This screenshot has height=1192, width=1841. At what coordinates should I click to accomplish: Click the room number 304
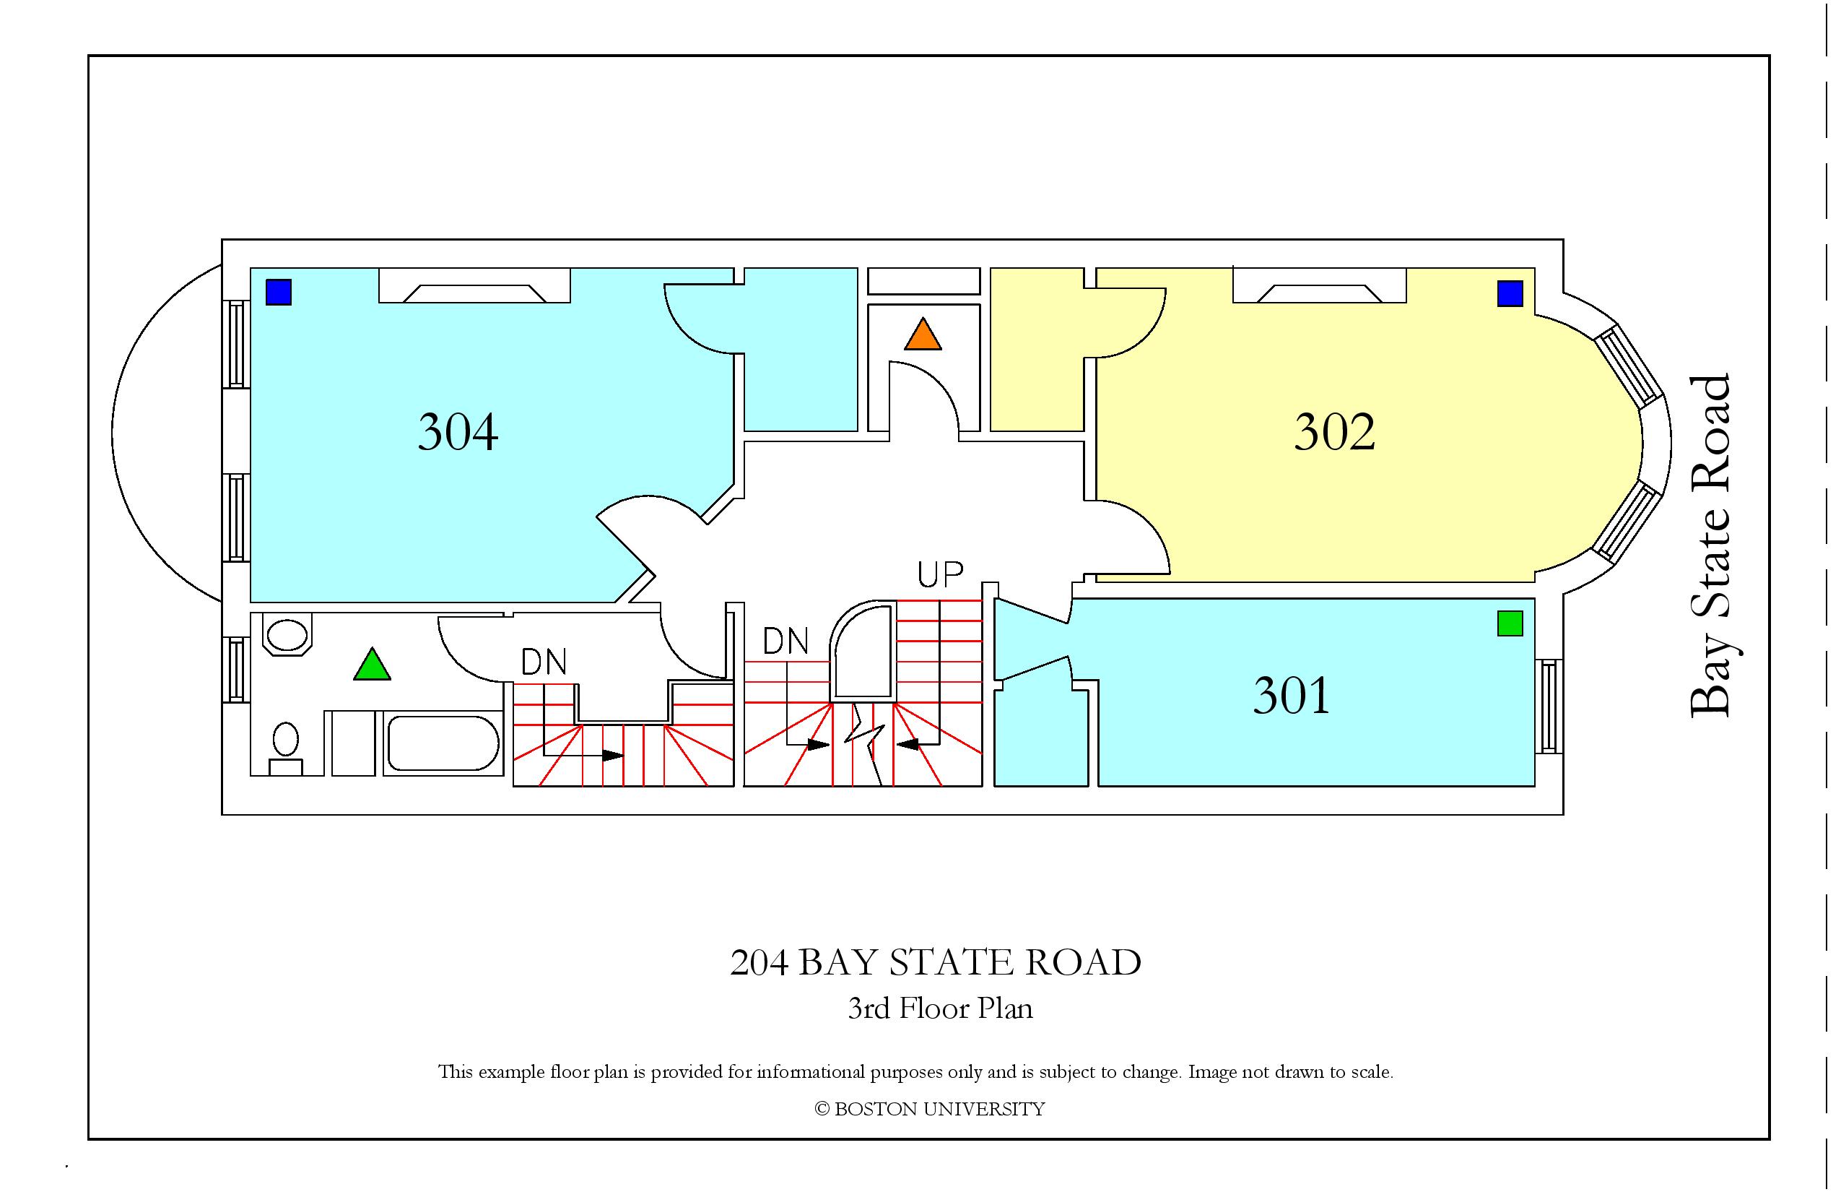tap(458, 432)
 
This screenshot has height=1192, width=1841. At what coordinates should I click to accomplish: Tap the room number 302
tap(1335, 432)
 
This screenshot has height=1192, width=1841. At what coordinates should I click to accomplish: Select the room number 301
tap(1292, 696)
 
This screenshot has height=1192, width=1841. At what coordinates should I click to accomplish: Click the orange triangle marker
tap(923, 334)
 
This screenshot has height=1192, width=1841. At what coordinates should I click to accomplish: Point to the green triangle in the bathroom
tap(372, 665)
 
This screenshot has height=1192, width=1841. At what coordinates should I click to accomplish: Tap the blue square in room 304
tap(279, 293)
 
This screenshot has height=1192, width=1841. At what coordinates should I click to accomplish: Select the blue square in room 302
tap(1510, 294)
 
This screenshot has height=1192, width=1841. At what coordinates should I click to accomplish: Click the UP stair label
tap(941, 574)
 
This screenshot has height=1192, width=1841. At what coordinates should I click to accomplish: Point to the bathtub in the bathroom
tap(443, 744)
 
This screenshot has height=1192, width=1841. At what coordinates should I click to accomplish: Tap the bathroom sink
tap(287, 635)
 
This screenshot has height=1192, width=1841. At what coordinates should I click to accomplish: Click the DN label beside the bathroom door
tap(544, 662)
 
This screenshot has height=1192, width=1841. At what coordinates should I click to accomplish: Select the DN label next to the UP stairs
tap(786, 642)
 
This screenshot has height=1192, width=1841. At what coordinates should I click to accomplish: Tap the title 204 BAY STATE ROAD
tap(935, 963)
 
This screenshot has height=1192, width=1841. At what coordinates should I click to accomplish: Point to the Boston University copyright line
tap(930, 1110)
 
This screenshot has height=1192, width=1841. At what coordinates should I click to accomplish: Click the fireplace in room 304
tap(474, 285)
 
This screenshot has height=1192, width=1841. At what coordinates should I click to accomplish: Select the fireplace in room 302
tap(1320, 285)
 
